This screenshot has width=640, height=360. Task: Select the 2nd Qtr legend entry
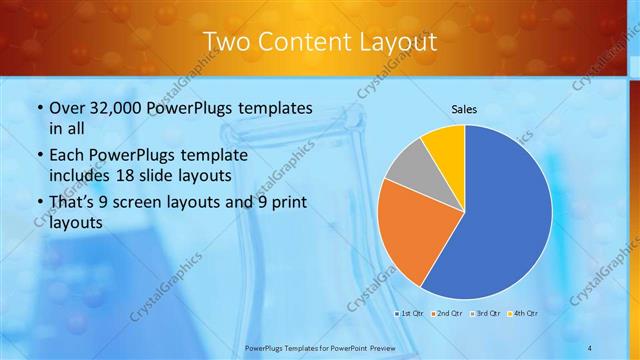coord(446,314)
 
